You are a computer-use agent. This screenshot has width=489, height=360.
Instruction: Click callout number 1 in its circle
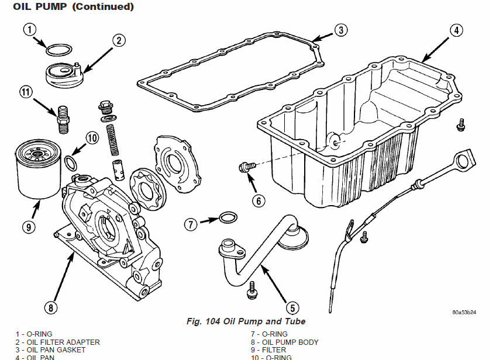click(30, 29)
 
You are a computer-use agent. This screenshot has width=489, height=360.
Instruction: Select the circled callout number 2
click(119, 40)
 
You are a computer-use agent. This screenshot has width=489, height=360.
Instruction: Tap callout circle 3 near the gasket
click(342, 30)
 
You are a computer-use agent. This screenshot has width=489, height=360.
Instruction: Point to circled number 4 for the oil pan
click(457, 30)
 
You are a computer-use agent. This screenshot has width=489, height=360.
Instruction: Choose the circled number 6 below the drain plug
click(259, 200)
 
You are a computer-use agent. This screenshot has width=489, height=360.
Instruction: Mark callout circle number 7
click(191, 223)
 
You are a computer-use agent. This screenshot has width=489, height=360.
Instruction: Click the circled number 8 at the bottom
click(51, 306)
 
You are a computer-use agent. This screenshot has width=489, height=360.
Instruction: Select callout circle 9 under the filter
click(29, 227)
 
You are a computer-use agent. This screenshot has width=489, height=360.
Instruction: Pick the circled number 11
click(25, 91)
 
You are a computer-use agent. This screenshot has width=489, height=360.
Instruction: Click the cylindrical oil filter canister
click(37, 169)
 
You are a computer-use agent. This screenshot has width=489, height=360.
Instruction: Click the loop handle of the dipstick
click(464, 159)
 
